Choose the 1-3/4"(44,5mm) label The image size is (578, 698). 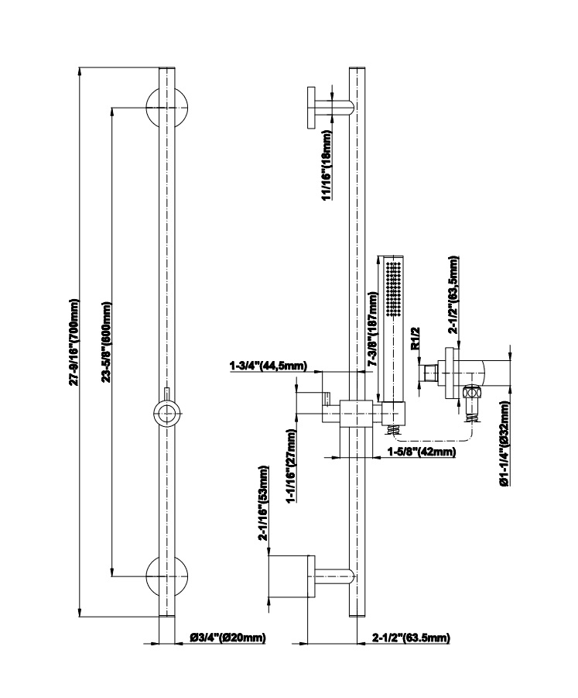coord(268,366)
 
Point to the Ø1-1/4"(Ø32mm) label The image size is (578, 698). coord(504,443)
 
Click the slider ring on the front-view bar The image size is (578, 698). coord(166,413)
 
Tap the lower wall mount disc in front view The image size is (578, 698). coord(166,576)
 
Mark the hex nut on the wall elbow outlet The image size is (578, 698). coord(471,394)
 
